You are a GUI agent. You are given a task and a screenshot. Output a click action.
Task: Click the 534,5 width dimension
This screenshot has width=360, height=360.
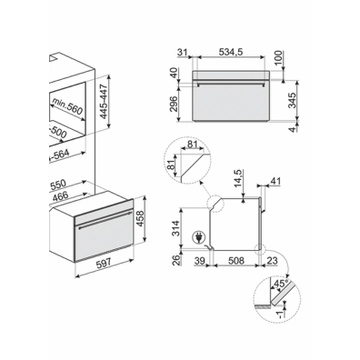(x=231, y=52)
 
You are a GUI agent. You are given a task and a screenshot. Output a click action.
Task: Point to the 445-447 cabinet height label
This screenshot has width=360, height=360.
(x=104, y=102)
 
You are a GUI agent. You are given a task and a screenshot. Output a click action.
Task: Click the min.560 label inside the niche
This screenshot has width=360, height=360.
(x=67, y=106)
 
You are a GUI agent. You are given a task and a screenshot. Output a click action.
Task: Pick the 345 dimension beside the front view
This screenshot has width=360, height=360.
(x=292, y=100)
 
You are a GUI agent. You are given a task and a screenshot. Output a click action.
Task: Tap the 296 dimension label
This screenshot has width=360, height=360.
(x=174, y=104)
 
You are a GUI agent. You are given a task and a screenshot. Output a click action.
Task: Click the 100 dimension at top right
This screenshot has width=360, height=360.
(x=278, y=59)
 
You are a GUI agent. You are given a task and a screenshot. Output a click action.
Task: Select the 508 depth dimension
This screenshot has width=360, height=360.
(x=236, y=261)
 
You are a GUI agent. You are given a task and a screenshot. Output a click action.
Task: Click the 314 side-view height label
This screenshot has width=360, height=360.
(x=175, y=229)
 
